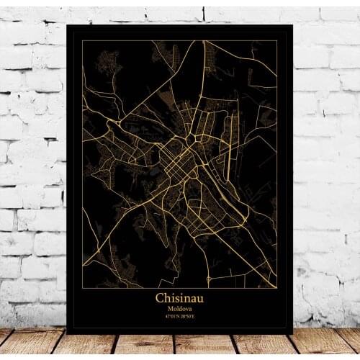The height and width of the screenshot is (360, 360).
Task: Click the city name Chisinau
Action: click(179, 297)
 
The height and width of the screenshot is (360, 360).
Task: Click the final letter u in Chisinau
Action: click(200, 298)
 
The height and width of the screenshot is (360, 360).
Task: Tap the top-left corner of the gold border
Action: click(82, 41)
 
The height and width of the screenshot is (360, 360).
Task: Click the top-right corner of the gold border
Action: click(277, 41)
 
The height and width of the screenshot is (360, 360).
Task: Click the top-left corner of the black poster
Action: click(67, 25)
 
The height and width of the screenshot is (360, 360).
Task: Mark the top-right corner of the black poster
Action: click(292, 25)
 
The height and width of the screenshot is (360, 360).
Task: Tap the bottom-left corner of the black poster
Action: click(67, 333)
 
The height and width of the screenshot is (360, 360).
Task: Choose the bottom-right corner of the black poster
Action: click(292, 333)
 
